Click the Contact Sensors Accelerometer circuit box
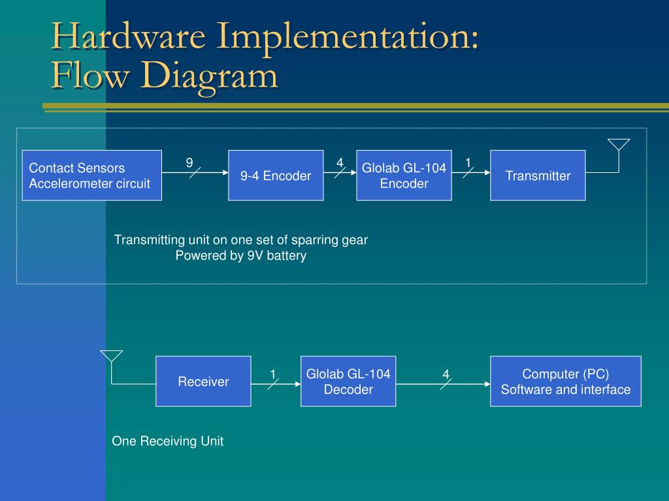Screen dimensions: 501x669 point(91,175)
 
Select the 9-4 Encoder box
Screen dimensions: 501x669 point(275,175)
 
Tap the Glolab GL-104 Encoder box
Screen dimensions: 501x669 point(404,175)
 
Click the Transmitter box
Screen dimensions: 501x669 point(538,175)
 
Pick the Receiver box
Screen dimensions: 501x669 point(203,382)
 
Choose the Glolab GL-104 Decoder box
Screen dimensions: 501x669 point(348,382)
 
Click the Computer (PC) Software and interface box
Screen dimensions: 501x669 point(565,382)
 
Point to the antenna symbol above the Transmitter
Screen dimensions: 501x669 point(618,145)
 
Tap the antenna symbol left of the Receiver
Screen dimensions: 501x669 point(111,357)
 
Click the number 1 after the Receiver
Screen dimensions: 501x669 point(274,374)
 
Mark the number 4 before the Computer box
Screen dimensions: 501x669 point(446,374)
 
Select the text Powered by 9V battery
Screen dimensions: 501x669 point(240,256)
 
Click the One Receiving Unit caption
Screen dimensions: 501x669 point(167,441)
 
